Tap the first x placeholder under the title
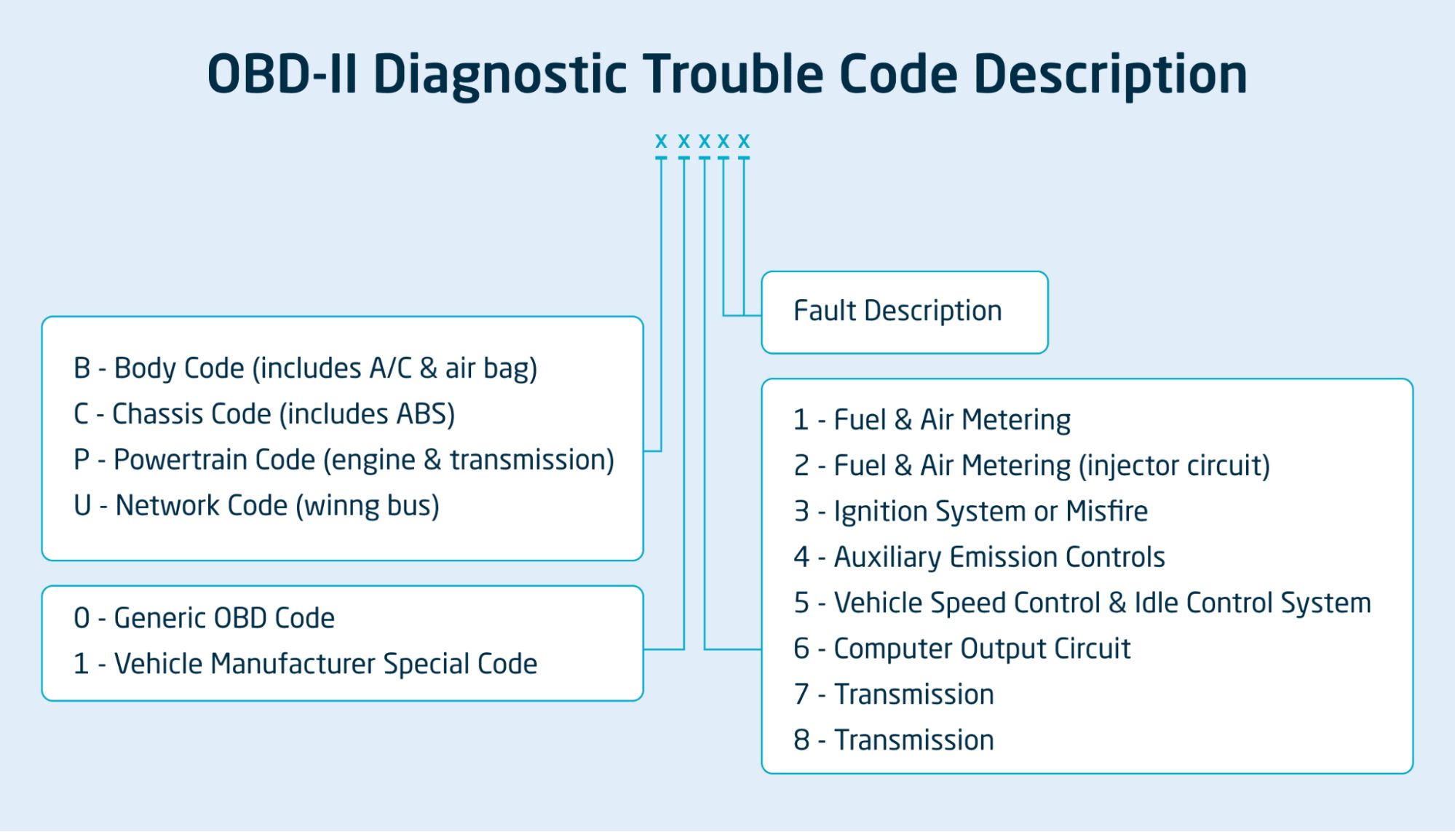coord(661,140)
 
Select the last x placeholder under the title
coord(743,140)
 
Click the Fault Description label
coord(897,312)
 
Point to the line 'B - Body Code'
coord(305,368)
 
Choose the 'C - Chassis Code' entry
coord(263,414)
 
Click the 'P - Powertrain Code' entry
coord(344,460)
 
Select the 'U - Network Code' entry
coord(256,506)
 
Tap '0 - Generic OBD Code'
coord(204,618)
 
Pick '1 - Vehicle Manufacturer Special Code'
coord(305,664)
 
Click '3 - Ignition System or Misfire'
coord(970,512)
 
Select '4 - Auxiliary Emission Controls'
coord(979,558)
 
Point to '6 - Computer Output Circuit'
coord(962,649)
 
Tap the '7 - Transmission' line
coord(893,694)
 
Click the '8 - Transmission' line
coord(893,740)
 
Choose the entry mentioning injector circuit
coord(1031,466)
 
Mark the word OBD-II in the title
coord(282,74)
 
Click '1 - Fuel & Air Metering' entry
coord(932,420)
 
